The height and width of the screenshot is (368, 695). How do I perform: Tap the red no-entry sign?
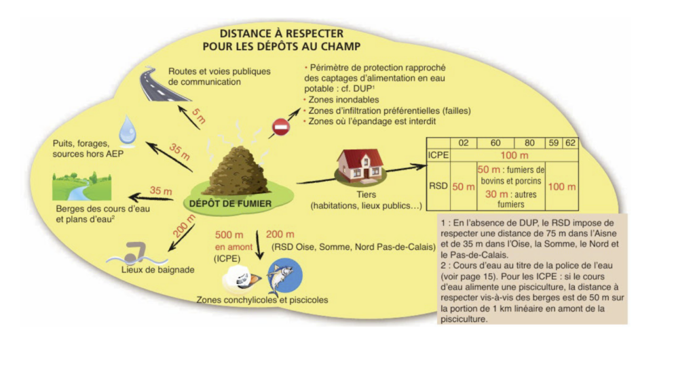coord(280,127)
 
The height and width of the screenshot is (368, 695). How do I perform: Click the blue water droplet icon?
coord(128,131)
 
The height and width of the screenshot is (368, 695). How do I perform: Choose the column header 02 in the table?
coord(463,144)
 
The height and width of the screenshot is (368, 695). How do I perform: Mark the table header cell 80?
coord(529,144)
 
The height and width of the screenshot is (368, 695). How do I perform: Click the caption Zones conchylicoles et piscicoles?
coord(262,300)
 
